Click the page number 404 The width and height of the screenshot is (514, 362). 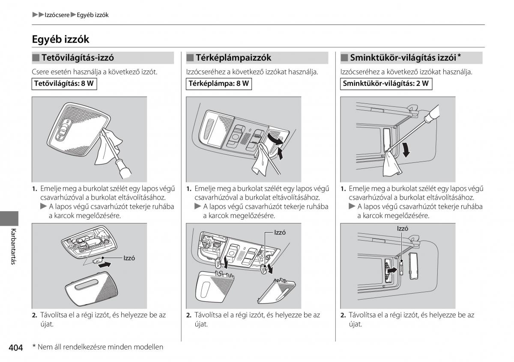click(x=15, y=347)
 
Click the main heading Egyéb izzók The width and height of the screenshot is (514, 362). click(x=60, y=39)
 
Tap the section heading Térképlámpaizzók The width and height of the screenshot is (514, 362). click(x=233, y=58)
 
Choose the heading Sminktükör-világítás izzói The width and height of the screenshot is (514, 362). click(x=403, y=58)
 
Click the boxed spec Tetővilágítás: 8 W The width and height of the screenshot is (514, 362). click(x=63, y=84)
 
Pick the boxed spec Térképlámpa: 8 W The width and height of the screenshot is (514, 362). click(x=218, y=84)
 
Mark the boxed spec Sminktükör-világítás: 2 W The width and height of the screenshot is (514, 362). click(x=385, y=84)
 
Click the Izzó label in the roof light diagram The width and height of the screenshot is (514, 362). click(x=129, y=258)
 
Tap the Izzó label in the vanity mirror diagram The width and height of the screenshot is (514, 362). click(x=403, y=229)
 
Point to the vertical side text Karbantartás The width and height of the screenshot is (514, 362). click(x=14, y=247)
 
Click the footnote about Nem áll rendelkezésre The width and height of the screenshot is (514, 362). click(x=98, y=347)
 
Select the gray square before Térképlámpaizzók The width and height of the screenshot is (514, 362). click(x=190, y=58)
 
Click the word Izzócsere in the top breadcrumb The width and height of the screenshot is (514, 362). click(x=57, y=15)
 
